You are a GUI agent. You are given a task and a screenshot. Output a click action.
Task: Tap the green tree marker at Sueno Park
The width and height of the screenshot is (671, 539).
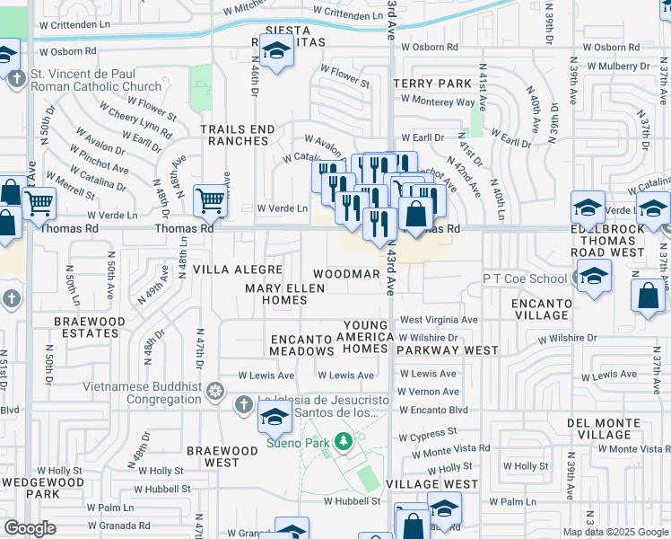coord(342,441)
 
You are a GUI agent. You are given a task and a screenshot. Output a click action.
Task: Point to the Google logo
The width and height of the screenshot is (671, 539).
coord(30,527)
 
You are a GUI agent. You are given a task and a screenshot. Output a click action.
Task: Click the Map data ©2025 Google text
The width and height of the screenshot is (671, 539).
coord(615,532)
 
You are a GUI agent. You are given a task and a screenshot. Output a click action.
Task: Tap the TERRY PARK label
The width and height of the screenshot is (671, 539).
coord(432,84)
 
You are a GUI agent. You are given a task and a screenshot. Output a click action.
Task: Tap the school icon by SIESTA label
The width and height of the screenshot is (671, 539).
coord(276,49)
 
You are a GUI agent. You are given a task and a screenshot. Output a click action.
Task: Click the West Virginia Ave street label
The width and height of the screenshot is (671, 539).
coord(439,320)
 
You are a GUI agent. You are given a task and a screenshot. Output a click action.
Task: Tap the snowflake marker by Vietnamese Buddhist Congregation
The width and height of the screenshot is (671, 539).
coord(215,390)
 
